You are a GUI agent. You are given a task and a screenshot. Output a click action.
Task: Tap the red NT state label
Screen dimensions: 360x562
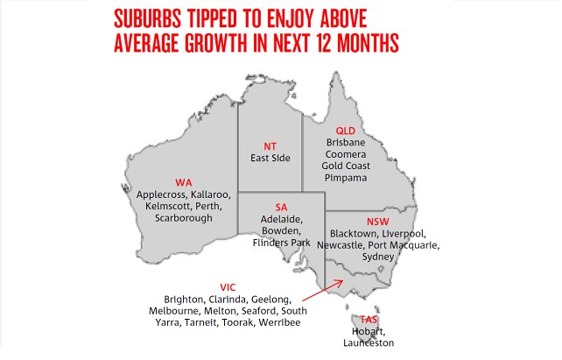[x=270, y=145]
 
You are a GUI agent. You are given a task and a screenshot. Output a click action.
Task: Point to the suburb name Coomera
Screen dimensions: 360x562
[x=348, y=153]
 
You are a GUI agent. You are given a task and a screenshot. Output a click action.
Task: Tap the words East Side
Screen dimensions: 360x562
[x=270, y=159]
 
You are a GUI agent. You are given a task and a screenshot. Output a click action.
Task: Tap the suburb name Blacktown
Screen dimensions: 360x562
[x=354, y=234]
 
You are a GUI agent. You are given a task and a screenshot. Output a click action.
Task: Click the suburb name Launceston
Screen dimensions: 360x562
[x=369, y=343]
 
